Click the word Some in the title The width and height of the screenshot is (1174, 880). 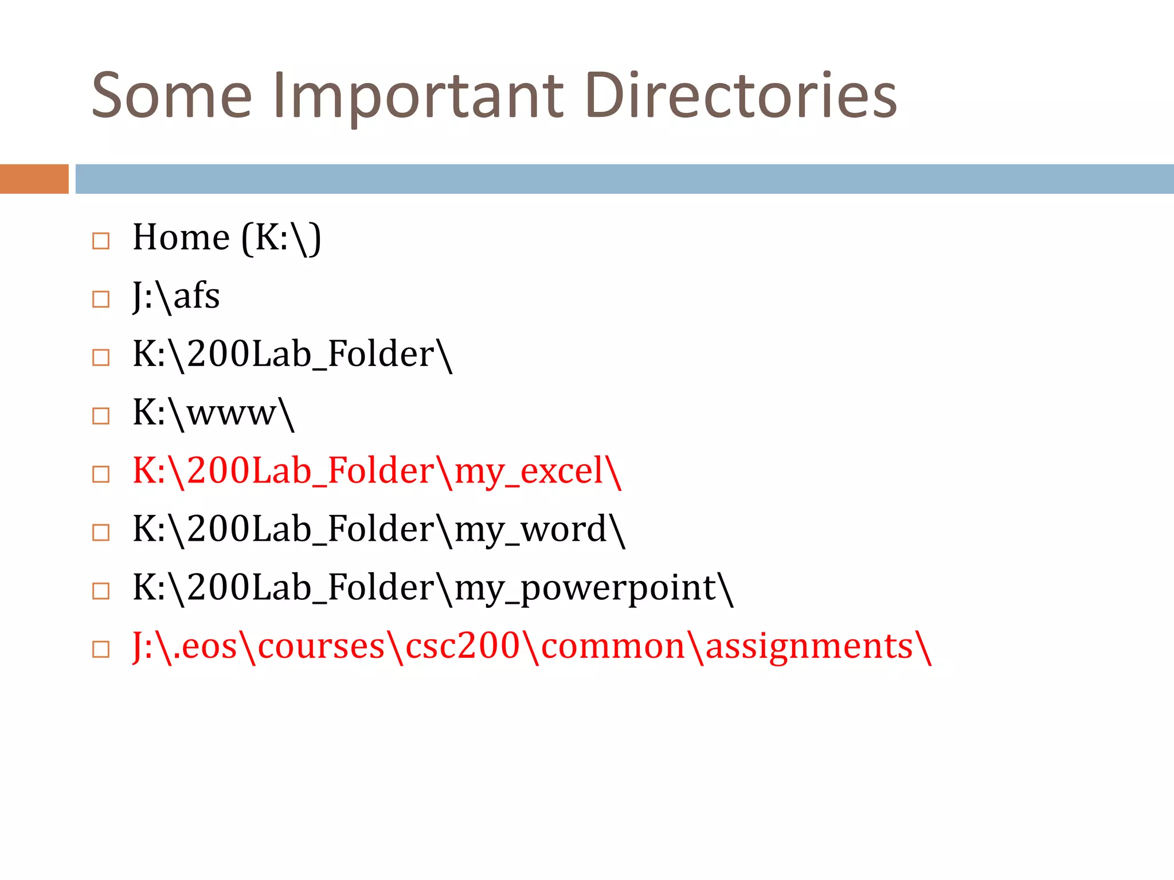tap(171, 96)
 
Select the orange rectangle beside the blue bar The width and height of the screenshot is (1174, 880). tap(34, 179)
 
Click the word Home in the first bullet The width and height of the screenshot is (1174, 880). tap(181, 237)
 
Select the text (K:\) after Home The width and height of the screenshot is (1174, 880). tap(281, 238)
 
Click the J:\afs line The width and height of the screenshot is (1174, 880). tap(176, 297)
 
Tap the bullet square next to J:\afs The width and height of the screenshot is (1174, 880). tap(101, 299)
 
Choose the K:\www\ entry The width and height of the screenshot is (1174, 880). tap(213, 413)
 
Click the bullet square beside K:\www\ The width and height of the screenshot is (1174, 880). tap(101, 416)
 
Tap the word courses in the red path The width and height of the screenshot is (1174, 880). tap(321, 647)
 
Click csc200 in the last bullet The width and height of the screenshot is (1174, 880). tap(462, 647)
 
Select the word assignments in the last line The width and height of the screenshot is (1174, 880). tap(809, 647)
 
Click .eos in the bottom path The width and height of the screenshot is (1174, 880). tap(205, 647)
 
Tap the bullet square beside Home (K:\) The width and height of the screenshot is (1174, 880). tap(101, 241)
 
